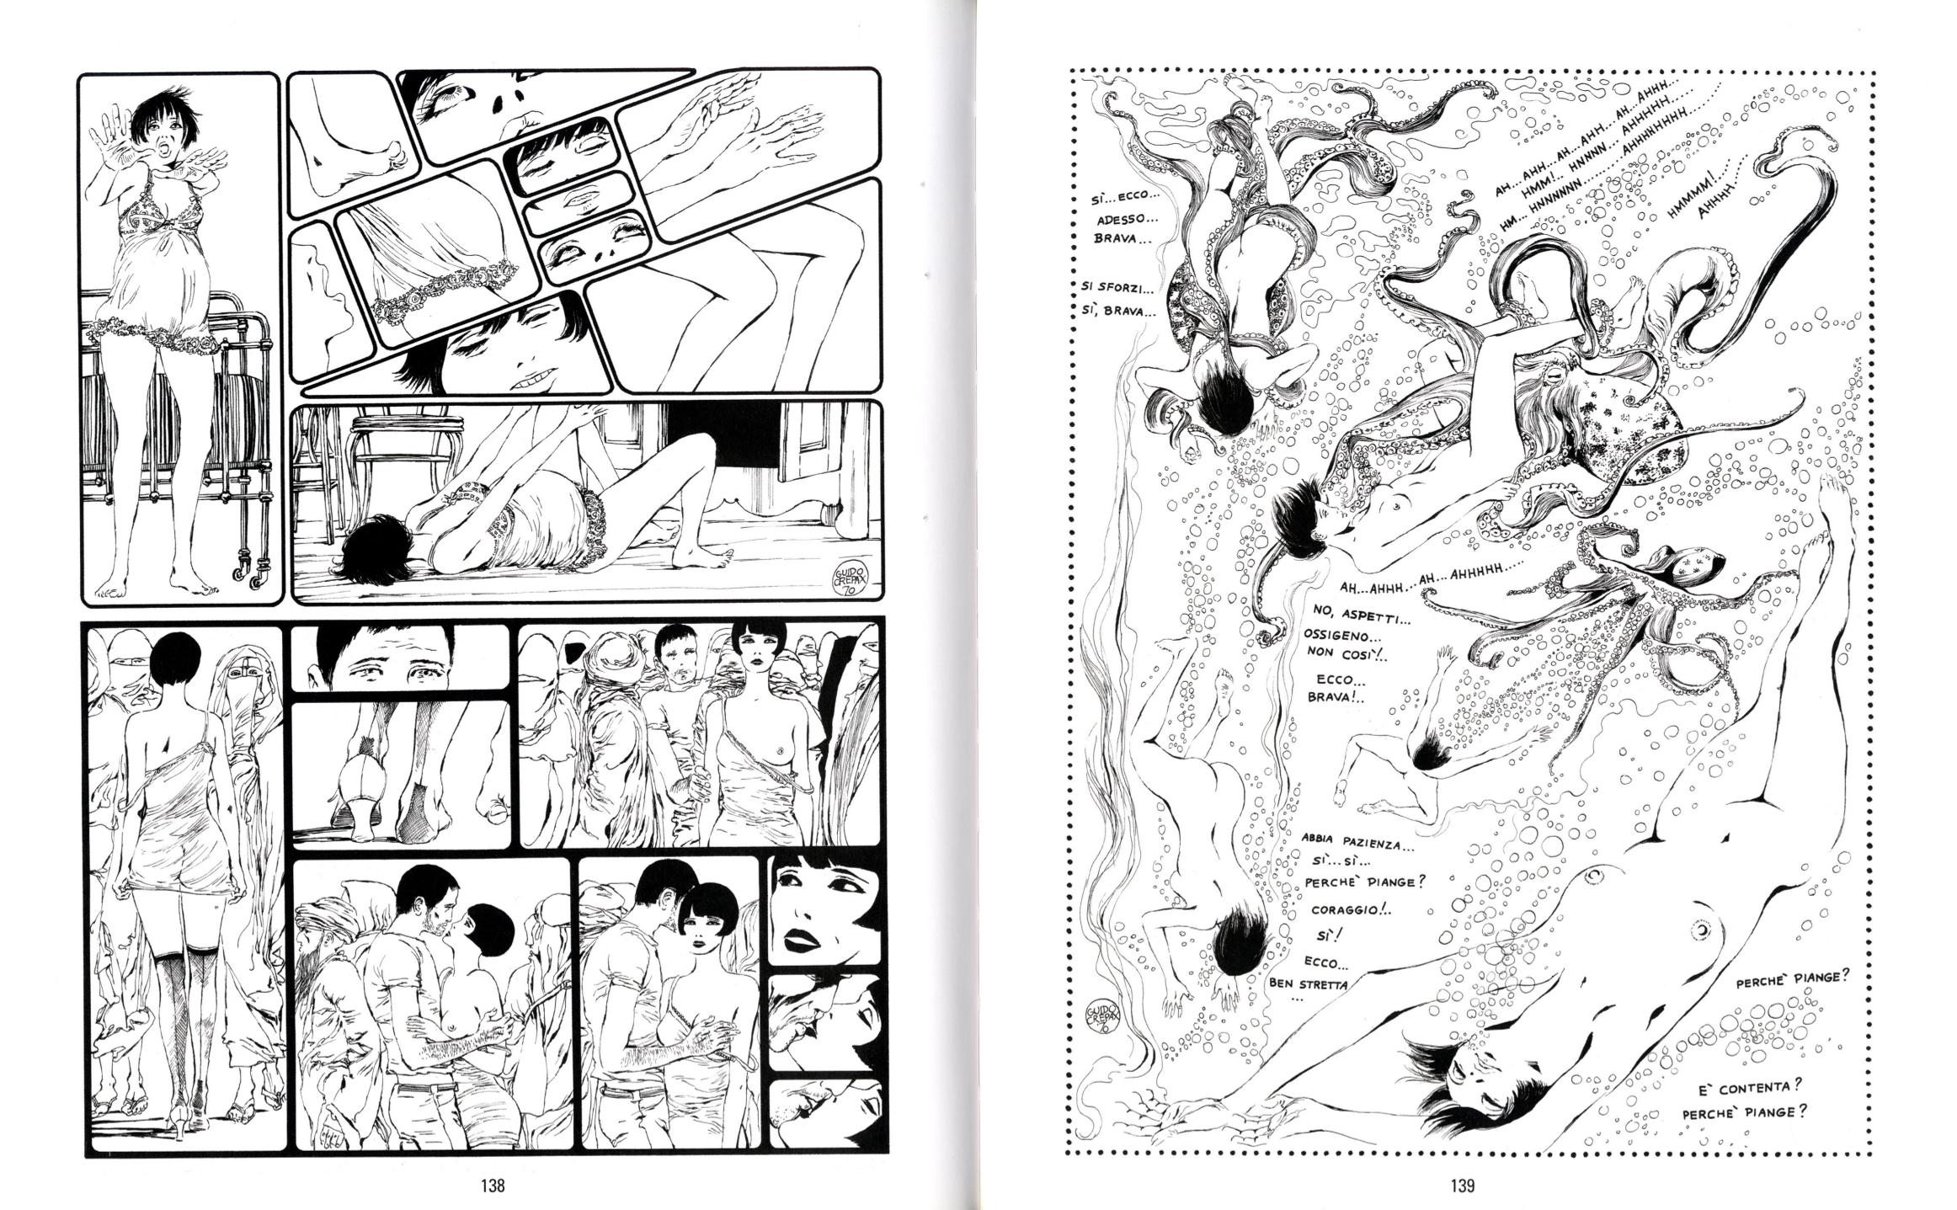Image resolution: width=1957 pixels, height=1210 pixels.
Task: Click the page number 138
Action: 492,1185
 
